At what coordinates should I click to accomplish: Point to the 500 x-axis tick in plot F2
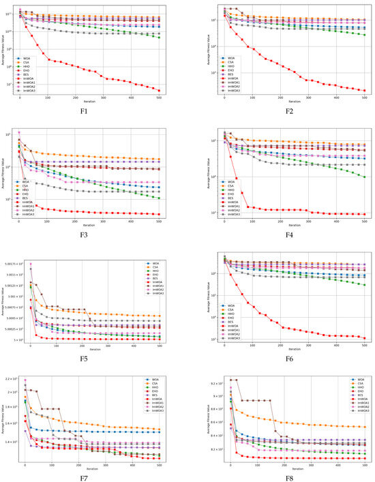click(365, 97)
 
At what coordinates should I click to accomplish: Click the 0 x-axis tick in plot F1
click(20, 97)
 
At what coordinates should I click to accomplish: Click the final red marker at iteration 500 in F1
click(160, 91)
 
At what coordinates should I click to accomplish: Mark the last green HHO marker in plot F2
click(365, 35)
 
